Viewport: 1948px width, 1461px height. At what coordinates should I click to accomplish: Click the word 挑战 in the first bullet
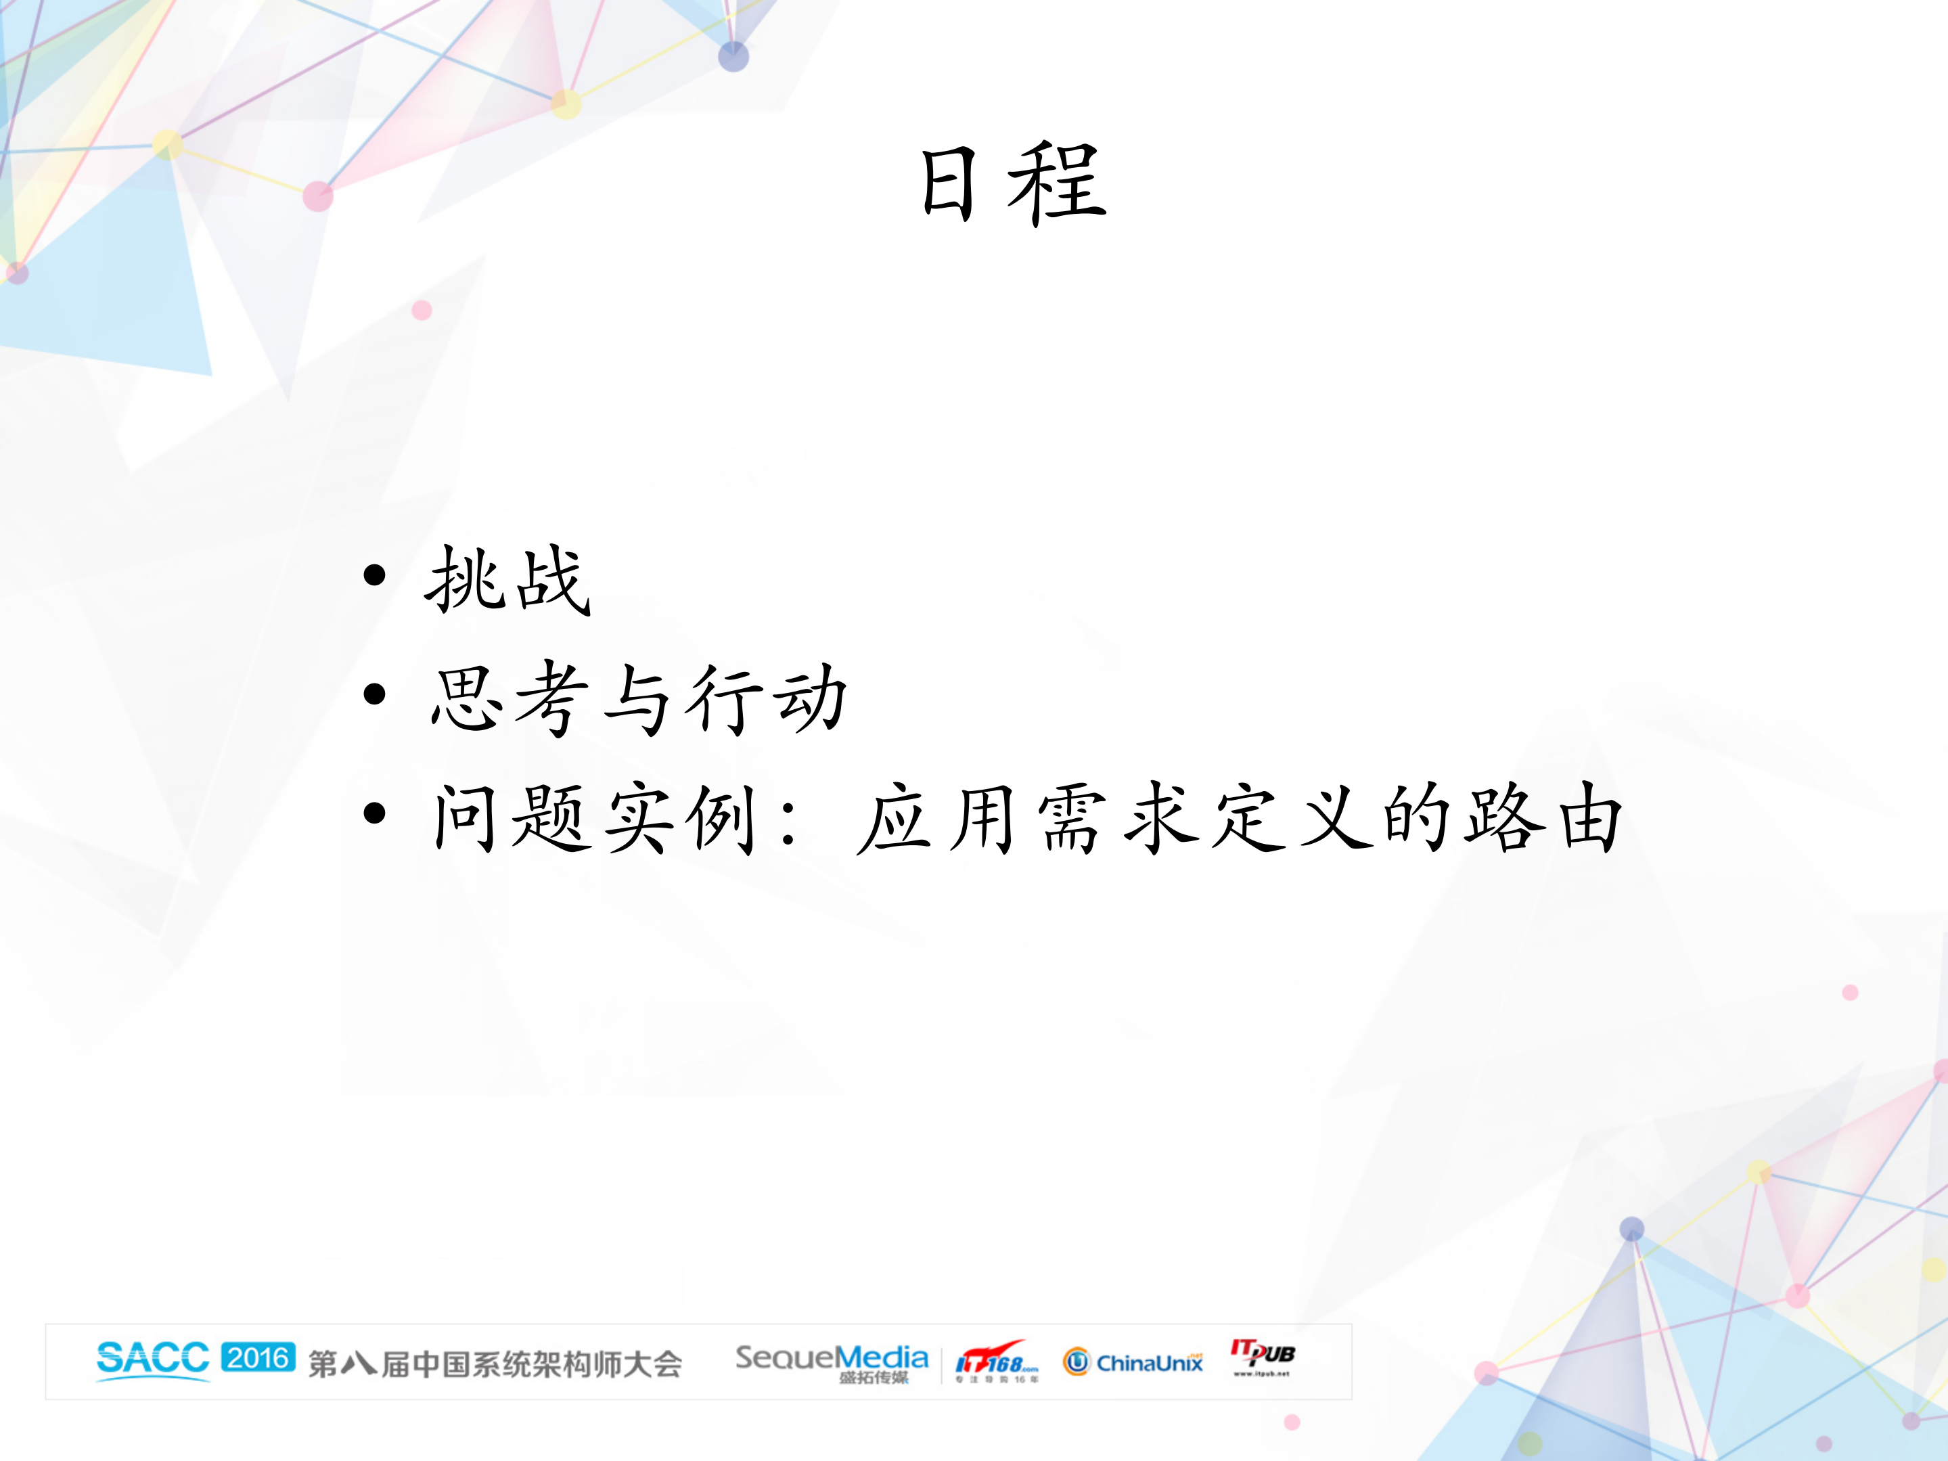[x=508, y=579]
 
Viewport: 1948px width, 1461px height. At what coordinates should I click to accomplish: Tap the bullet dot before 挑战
[x=375, y=576]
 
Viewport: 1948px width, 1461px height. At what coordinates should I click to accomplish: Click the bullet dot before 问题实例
[x=375, y=813]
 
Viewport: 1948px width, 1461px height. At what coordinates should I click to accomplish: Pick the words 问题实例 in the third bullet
[x=595, y=818]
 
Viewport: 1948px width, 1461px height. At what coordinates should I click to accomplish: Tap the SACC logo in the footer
[x=152, y=1359]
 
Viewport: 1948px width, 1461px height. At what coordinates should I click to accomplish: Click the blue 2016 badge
[x=258, y=1357]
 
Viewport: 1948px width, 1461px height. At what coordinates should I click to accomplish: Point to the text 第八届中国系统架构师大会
[x=495, y=1364]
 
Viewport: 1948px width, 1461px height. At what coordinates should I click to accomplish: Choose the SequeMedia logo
[x=832, y=1362]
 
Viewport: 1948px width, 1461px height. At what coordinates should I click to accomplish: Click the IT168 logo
[x=997, y=1362]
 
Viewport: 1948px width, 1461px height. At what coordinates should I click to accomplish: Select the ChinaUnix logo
[x=1133, y=1362]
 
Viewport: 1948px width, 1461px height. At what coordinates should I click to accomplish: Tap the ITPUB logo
[x=1263, y=1356]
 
